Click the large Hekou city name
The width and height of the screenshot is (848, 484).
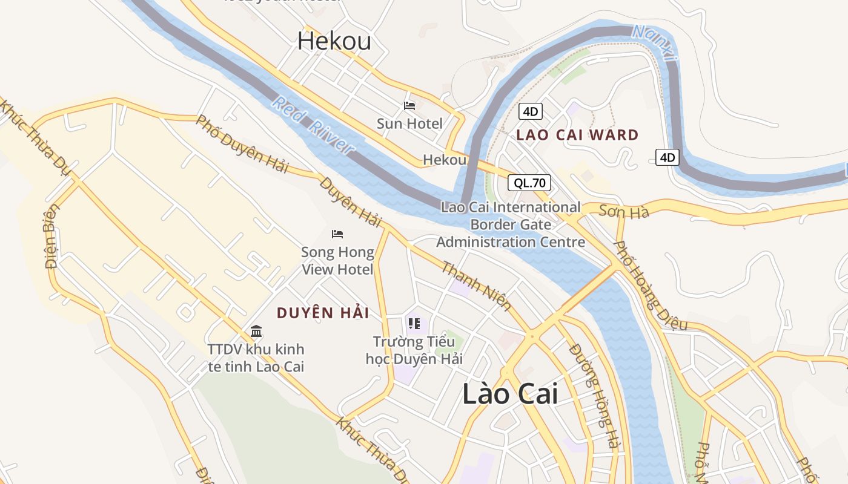[x=334, y=41]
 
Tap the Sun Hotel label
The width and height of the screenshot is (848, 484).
[x=409, y=124]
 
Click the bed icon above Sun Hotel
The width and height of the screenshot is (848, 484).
[x=409, y=106]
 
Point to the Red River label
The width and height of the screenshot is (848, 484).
[x=313, y=125]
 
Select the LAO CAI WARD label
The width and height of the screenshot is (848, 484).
[x=577, y=135]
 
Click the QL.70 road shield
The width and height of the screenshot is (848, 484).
[x=529, y=183]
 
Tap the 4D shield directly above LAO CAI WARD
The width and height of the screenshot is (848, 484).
[x=530, y=111]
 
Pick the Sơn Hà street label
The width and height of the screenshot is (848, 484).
[x=624, y=211]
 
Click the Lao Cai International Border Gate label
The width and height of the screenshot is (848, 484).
[x=511, y=224]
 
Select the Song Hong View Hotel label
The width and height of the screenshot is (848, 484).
[x=337, y=261]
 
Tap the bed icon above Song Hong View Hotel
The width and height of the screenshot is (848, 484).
[x=337, y=234]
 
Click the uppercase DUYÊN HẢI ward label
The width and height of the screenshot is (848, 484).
[x=323, y=313]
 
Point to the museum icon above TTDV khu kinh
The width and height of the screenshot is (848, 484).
[x=256, y=332]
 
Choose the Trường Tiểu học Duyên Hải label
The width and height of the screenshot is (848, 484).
[x=414, y=350]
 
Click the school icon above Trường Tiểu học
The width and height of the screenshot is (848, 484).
[x=414, y=324]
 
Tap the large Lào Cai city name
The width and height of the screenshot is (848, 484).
[x=510, y=394]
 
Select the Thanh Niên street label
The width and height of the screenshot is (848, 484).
[x=476, y=286]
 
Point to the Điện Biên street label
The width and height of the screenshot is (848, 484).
[x=52, y=236]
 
